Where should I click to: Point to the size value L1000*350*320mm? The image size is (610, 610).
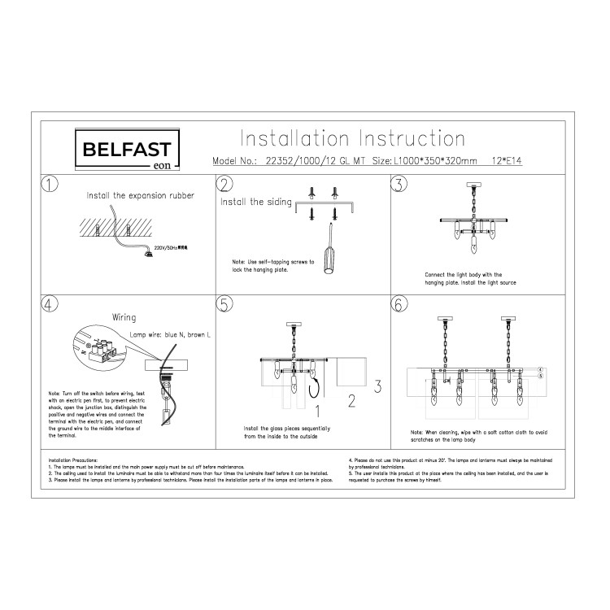[437, 161]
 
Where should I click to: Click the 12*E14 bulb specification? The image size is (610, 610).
[506, 161]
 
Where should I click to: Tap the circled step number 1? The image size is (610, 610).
[50, 184]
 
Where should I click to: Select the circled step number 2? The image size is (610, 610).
[225, 184]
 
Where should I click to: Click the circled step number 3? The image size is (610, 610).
[399, 184]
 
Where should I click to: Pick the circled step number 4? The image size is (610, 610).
[50, 305]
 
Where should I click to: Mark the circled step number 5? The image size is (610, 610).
[225, 305]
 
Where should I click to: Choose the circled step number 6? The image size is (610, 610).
[399, 305]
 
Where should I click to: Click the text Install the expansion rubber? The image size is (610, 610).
[140, 196]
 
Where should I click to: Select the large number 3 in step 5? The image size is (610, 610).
[377, 383]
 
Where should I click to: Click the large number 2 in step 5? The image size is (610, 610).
[351, 399]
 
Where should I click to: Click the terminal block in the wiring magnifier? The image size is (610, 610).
[103, 351]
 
